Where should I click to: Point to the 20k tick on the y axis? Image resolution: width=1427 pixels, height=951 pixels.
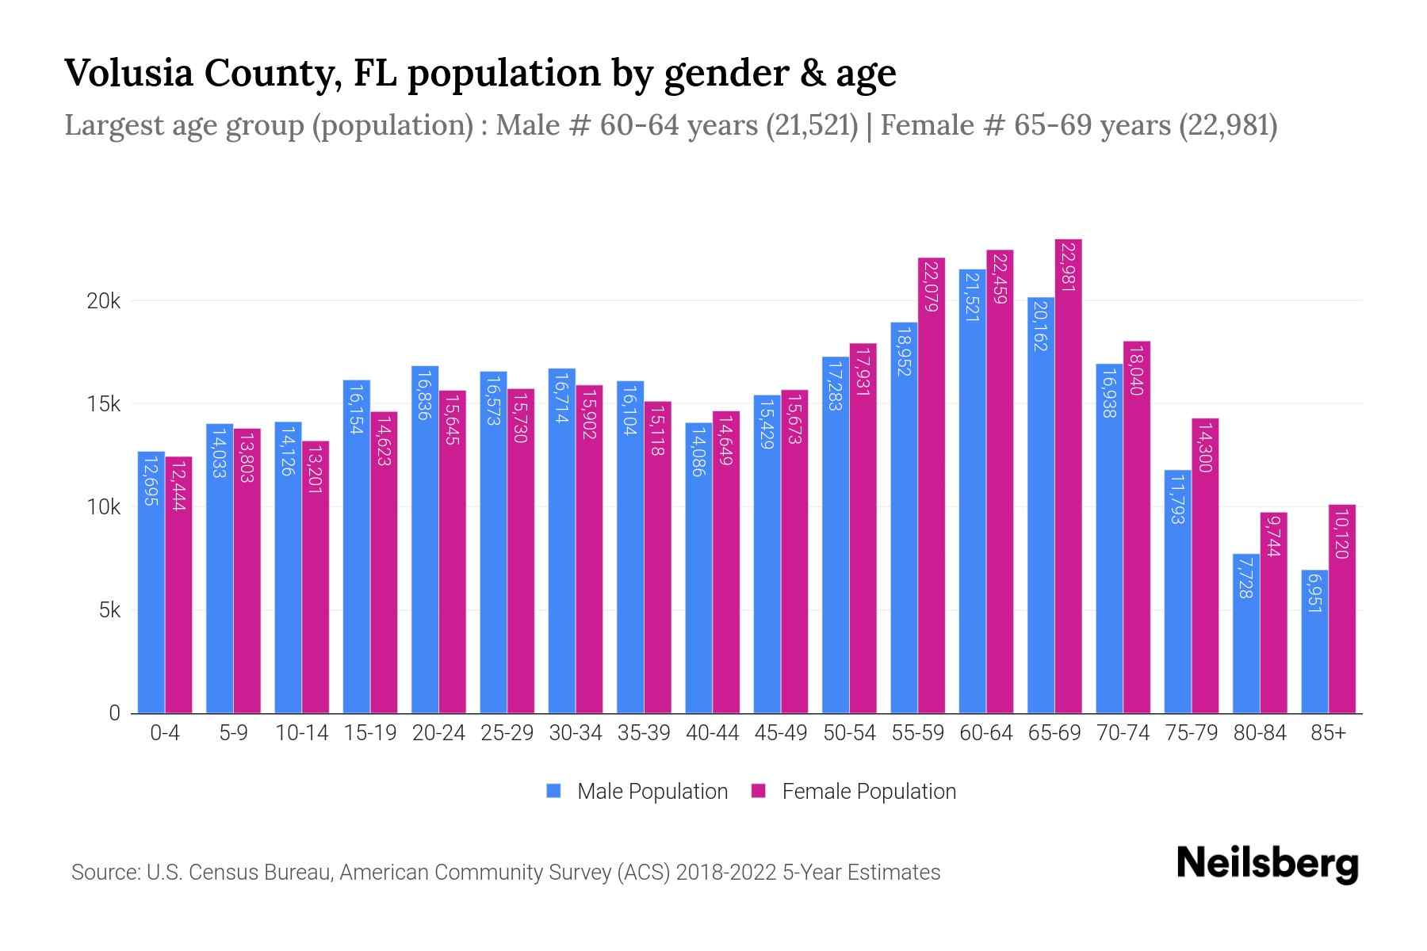click(x=103, y=301)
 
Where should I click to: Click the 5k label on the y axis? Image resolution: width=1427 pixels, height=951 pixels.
click(x=109, y=610)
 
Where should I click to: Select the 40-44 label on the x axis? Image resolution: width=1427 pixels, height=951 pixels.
click(x=712, y=733)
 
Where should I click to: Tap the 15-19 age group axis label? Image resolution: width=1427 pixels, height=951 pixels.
click(x=370, y=733)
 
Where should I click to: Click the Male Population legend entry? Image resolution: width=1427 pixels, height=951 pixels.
click(x=652, y=792)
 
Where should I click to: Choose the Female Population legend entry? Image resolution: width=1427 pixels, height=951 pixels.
click(x=868, y=792)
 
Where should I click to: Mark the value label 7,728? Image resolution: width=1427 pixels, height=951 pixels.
click(x=1245, y=578)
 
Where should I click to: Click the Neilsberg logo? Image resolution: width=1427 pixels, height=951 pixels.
click(x=1267, y=863)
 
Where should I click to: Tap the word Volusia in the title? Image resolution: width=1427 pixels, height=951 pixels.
click(x=128, y=73)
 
